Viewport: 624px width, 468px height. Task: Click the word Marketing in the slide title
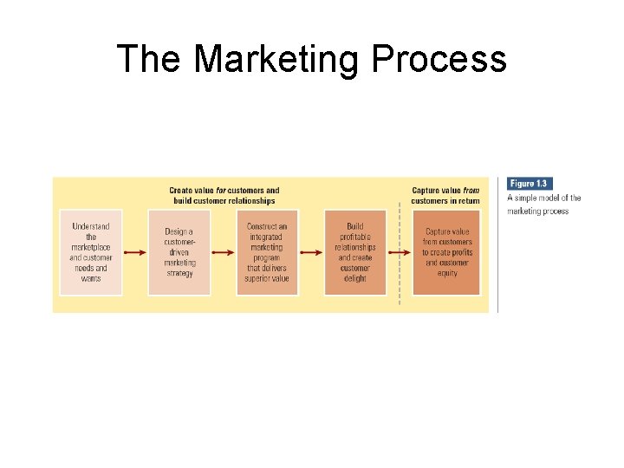(276, 59)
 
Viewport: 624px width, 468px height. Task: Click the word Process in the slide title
(438, 59)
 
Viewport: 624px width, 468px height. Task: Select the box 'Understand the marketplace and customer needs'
(91, 252)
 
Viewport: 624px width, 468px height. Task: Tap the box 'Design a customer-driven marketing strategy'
(179, 252)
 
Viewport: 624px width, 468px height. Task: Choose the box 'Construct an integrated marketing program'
(267, 252)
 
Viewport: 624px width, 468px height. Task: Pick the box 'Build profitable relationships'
(354, 252)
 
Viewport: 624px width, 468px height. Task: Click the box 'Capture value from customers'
(446, 252)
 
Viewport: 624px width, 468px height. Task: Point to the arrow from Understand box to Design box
(135, 253)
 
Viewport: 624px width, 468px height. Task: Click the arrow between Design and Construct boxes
(224, 253)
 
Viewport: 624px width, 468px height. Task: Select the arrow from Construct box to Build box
(311, 253)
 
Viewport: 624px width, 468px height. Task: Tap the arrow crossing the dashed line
(399, 253)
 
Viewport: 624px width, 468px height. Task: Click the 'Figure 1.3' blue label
(530, 184)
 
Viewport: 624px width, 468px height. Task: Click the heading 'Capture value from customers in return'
(445, 195)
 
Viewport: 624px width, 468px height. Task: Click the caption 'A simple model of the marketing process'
(543, 205)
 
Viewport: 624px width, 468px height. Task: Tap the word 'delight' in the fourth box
(354, 278)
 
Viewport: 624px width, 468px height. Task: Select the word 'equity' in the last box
(446, 273)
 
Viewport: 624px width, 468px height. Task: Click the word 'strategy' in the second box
(179, 273)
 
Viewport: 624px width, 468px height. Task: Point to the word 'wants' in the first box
(91, 278)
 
